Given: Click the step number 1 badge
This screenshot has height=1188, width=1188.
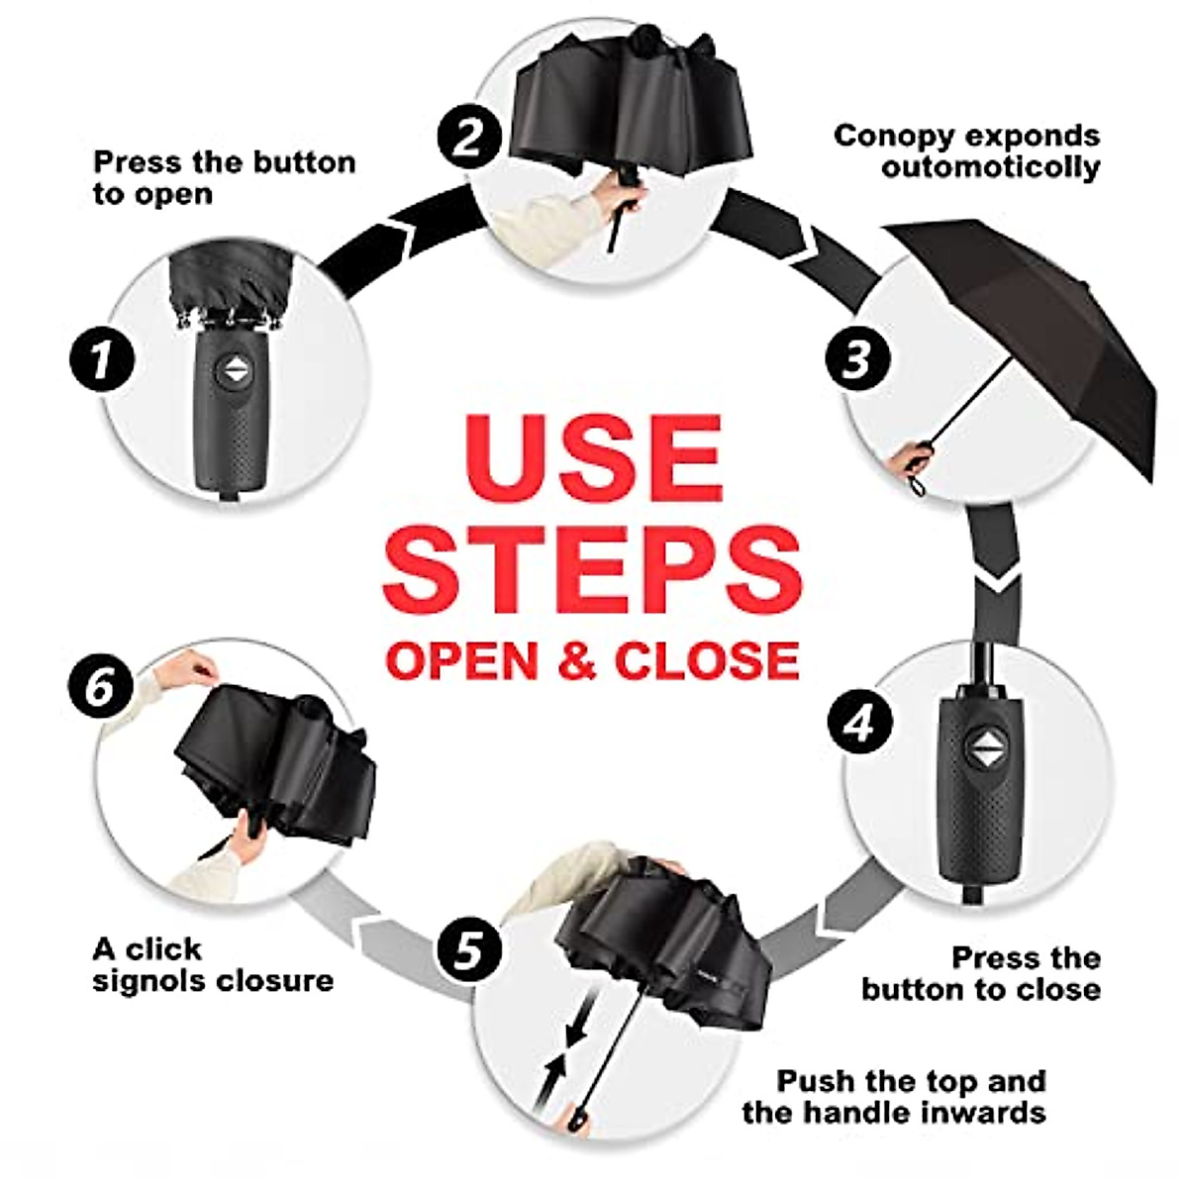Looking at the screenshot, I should pos(101,359).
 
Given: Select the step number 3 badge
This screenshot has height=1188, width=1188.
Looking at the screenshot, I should pos(858,359).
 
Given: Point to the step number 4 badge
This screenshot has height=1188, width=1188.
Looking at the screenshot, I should pos(858,722).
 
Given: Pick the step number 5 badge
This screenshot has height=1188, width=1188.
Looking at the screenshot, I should pos(469,948).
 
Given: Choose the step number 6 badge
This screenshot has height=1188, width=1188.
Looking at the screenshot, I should pos(101,685).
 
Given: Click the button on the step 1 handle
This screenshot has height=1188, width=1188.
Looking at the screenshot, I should pos(236,372).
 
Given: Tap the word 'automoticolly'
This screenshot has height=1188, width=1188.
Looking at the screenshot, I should pos(990,167).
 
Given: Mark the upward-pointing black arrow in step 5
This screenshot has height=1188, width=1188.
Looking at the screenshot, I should pos(551,1074).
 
